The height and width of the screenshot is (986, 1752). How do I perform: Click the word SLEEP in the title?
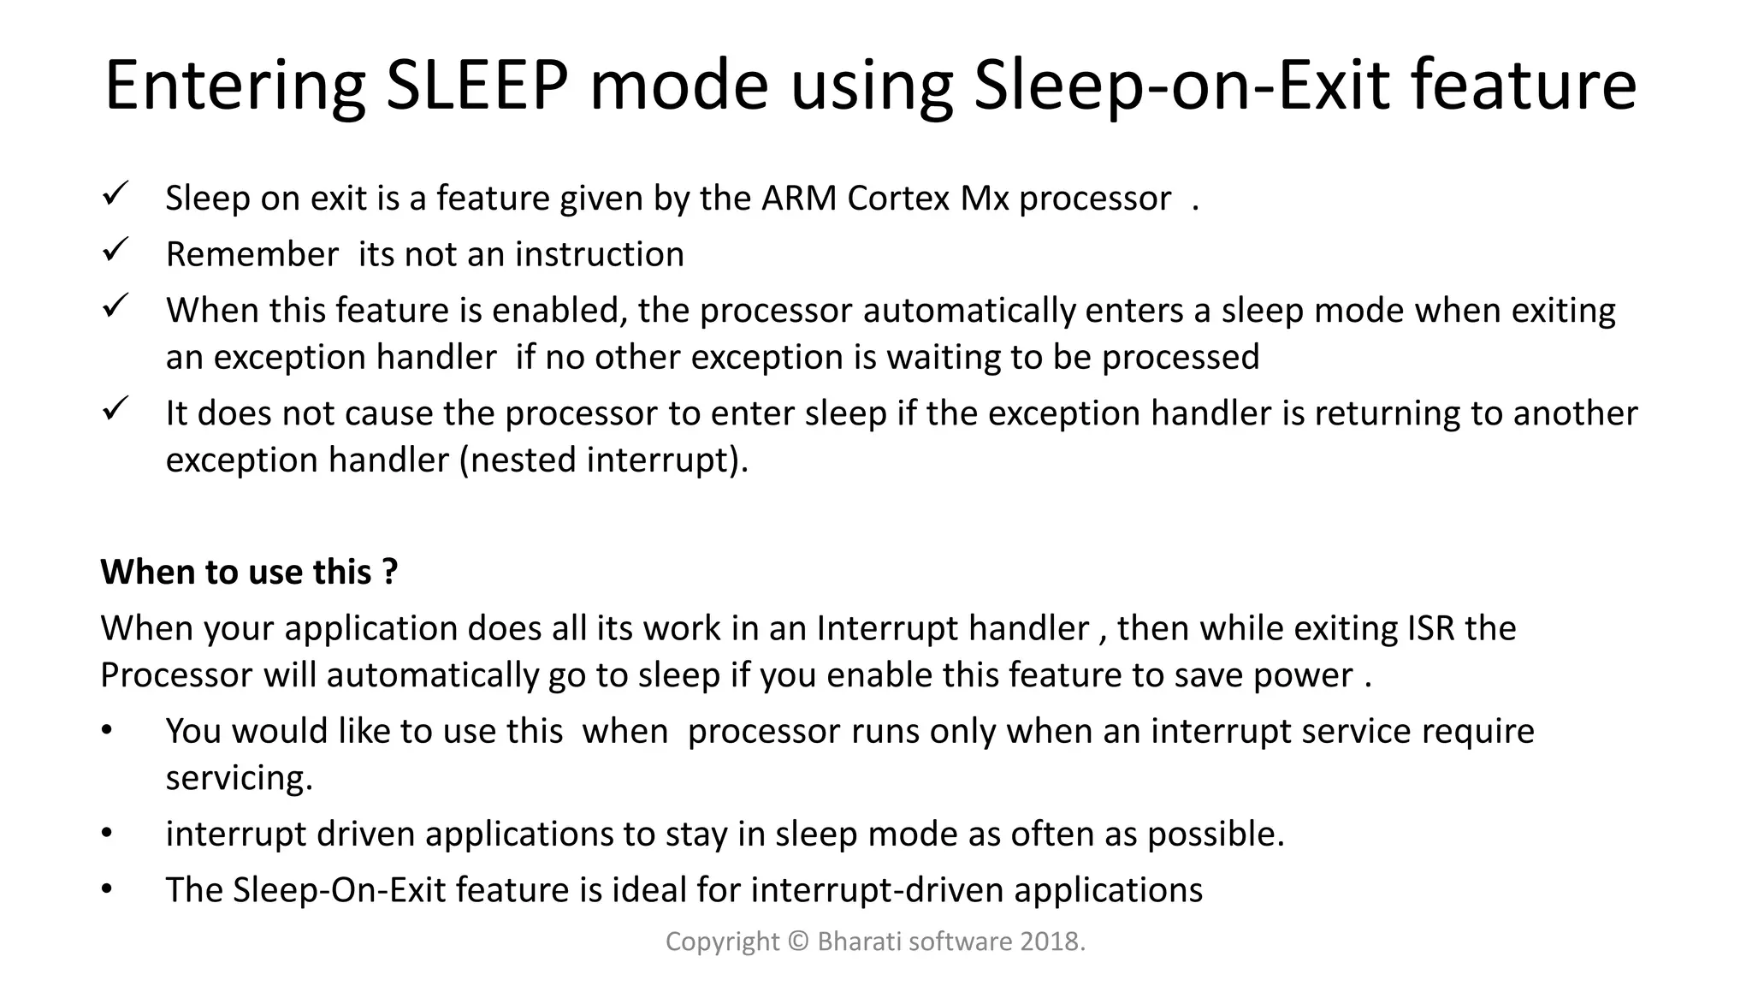coord(476,86)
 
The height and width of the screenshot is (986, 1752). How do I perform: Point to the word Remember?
coord(252,255)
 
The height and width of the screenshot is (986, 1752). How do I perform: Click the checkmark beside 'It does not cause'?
coord(115,408)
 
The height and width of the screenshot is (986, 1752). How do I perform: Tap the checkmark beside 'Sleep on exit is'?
coord(115,193)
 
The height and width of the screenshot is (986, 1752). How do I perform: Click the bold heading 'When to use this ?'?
coord(249,572)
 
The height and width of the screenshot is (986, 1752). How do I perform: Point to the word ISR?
coord(1430,629)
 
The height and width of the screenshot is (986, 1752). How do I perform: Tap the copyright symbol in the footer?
coord(798,942)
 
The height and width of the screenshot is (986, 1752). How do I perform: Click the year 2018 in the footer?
coord(1051,942)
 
